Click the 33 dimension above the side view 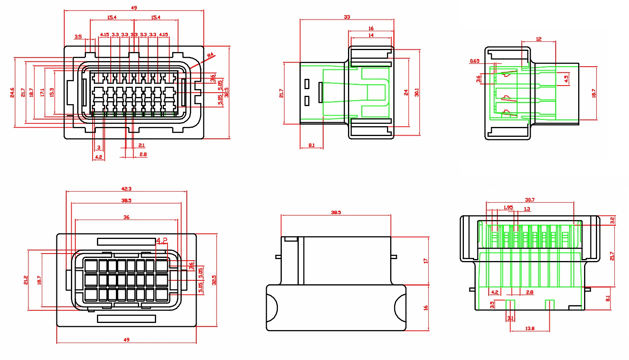(x=347, y=17)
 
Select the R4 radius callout (x=210, y=55)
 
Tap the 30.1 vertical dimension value (x=417, y=92)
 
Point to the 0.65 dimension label (x=475, y=61)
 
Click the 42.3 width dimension (x=126, y=189)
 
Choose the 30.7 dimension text (x=530, y=200)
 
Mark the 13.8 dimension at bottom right (x=530, y=328)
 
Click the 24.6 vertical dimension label (x=12, y=93)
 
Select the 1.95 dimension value (x=508, y=207)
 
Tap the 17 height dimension (x=425, y=261)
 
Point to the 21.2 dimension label (x=26, y=280)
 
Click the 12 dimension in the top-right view (x=539, y=39)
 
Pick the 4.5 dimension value (x=566, y=79)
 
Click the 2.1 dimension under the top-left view (x=141, y=145)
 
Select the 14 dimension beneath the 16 (x=371, y=35)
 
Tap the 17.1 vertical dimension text (x=42, y=93)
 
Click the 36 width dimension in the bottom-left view (x=126, y=217)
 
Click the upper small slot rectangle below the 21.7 (x=307, y=84)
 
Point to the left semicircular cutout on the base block (x=272, y=308)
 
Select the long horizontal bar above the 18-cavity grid (x=126, y=241)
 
